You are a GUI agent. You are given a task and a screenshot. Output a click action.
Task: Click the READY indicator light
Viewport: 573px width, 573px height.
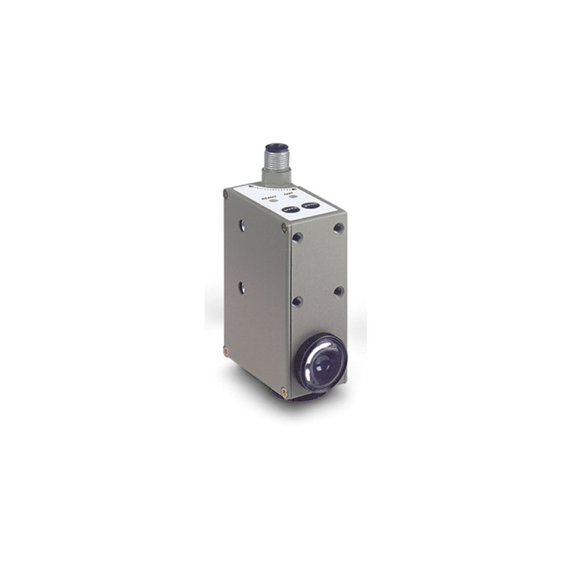point(273,201)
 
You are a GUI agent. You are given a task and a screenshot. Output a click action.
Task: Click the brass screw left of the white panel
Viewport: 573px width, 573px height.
point(226,193)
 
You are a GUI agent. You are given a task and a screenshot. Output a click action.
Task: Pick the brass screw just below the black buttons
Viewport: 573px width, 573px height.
point(285,228)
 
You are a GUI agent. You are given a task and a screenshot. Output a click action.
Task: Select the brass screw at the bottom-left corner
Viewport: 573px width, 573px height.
point(226,351)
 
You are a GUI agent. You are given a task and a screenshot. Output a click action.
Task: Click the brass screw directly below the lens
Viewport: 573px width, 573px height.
point(284,391)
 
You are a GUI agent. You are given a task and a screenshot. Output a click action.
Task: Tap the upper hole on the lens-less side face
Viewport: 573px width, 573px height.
point(243,225)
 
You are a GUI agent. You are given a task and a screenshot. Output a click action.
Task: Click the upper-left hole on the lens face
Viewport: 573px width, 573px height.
point(297,237)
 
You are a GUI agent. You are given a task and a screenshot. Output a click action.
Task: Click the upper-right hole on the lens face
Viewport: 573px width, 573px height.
point(339,228)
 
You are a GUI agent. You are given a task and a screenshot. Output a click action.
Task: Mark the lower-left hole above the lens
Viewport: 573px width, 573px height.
point(297,302)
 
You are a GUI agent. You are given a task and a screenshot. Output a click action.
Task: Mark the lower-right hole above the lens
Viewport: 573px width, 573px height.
point(339,292)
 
